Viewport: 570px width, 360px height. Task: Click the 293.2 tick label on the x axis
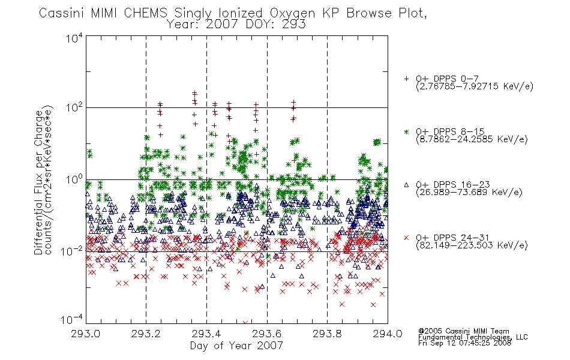pyautogui.click(x=146, y=334)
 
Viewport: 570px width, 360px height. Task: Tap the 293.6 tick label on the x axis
pyautogui.click(x=267, y=334)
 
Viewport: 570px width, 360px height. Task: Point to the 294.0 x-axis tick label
pyautogui.click(x=388, y=334)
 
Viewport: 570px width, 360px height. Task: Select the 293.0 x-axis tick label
pyautogui.click(x=85, y=334)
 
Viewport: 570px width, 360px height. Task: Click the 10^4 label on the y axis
pyautogui.click(x=74, y=38)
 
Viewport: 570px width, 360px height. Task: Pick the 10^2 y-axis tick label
pyautogui.click(x=74, y=107)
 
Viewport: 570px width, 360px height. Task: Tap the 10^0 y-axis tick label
pyautogui.click(x=74, y=179)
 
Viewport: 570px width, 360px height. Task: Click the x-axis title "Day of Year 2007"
pyautogui.click(x=236, y=346)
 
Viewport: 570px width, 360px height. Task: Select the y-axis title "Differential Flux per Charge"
pyautogui.click(x=39, y=182)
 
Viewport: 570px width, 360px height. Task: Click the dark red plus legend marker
pyautogui.click(x=406, y=79)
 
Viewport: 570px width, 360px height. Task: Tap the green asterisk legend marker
pyautogui.click(x=406, y=131)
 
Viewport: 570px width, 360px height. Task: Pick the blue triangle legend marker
pyautogui.click(x=406, y=185)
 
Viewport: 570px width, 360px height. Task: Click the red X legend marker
pyautogui.click(x=406, y=238)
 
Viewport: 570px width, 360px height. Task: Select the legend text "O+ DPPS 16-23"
pyautogui.click(x=453, y=185)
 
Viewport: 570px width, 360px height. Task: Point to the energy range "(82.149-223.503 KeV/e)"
pyautogui.click(x=472, y=245)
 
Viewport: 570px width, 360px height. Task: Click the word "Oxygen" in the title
pyautogui.click(x=293, y=13)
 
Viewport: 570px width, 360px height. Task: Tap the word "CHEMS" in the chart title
pyautogui.click(x=146, y=13)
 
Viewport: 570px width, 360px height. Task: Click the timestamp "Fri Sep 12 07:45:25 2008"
pyautogui.click(x=464, y=343)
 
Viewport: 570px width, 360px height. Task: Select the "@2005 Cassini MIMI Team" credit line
pyautogui.click(x=464, y=331)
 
